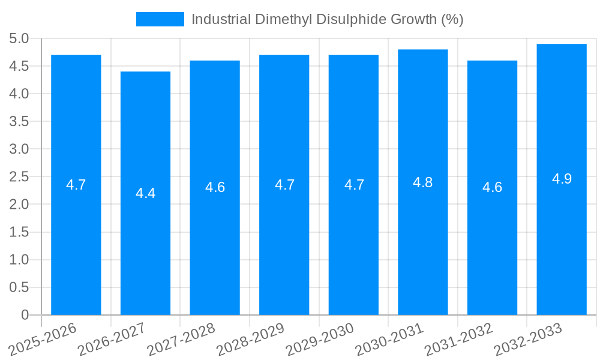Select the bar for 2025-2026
76,240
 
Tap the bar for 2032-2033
562,240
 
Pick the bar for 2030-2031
423,240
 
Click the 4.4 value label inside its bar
145,193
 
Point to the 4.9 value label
562,179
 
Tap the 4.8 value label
423,182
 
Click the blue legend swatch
160,19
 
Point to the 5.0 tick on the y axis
19,39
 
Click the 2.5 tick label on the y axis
19,177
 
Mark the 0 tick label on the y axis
25,315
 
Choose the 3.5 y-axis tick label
19,122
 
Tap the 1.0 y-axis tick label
19,260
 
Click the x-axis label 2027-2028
181,339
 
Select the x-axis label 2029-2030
320,339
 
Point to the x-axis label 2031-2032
458,339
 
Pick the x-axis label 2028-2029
250,339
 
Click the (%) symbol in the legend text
452,19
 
